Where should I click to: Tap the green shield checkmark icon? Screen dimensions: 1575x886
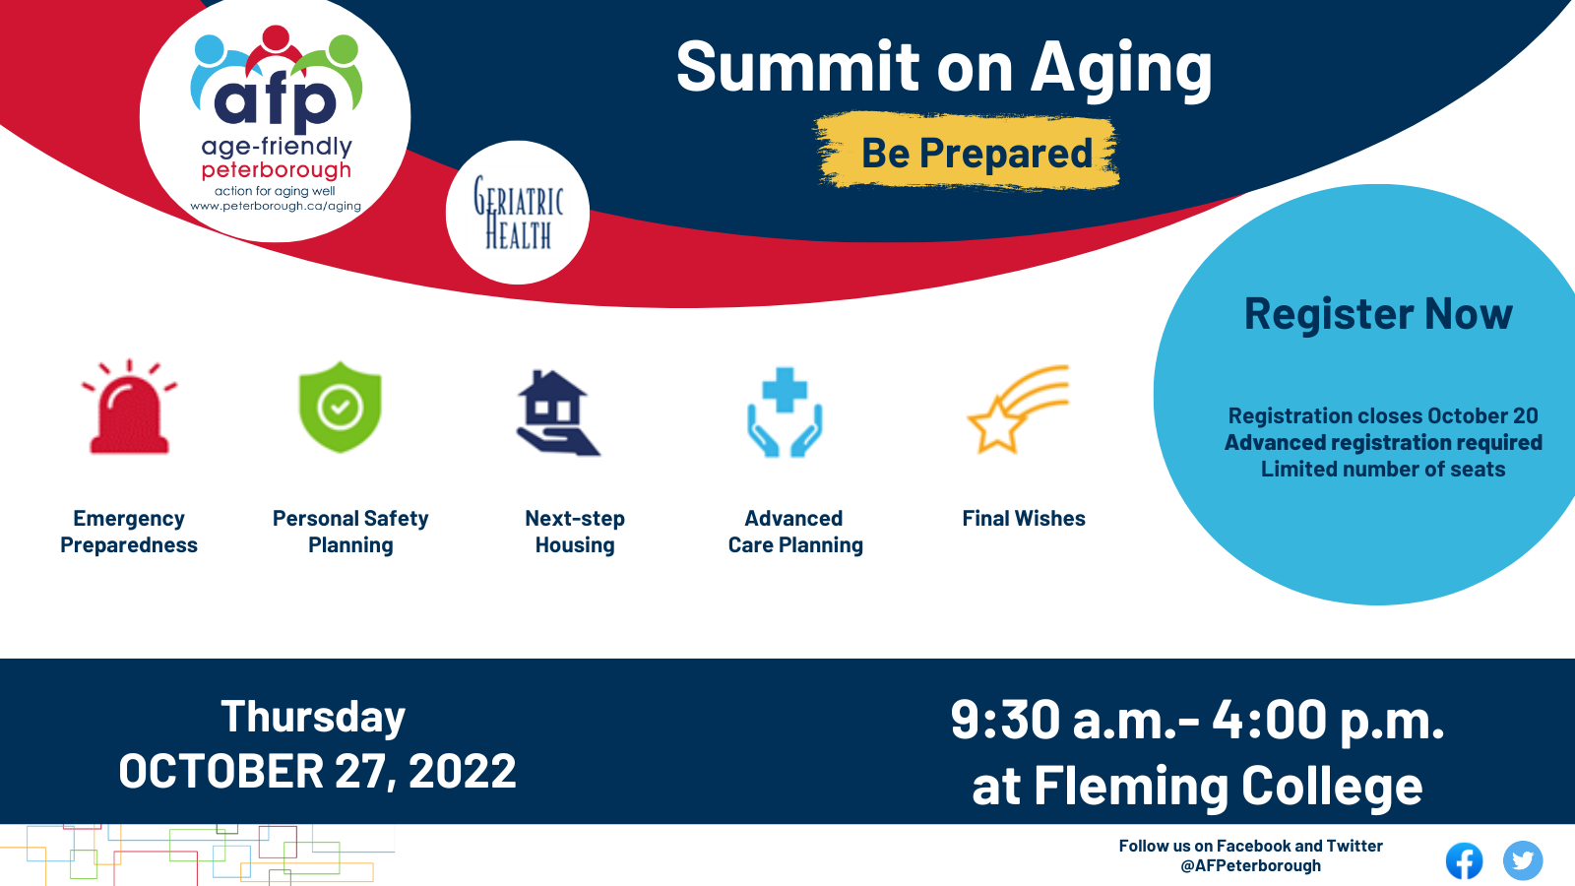click(341, 408)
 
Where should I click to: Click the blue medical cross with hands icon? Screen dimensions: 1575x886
click(785, 412)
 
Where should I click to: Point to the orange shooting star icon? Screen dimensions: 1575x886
click(1018, 410)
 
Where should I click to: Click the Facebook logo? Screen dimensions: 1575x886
click(1464, 860)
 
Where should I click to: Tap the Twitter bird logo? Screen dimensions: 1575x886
click(1523, 860)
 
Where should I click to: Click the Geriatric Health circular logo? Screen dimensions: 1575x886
click(518, 213)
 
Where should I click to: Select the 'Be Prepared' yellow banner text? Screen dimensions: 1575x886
click(976, 153)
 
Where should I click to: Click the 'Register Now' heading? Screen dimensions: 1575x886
click(1378, 314)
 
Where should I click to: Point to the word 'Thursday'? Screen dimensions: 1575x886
click(313, 718)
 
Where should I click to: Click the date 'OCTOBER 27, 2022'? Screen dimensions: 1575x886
click(317, 771)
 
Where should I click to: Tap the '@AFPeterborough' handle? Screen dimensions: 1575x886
click(1250, 865)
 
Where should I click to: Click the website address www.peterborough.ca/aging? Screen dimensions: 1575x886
click(276, 206)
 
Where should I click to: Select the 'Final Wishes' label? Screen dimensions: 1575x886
click(1024, 518)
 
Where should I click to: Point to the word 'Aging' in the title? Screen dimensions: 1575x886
click(1121, 69)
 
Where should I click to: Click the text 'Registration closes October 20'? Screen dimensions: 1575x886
click(1383, 415)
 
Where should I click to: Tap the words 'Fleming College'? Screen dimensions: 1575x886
click(1228, 786)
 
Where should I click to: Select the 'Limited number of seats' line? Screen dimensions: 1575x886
click(1383, 469)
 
